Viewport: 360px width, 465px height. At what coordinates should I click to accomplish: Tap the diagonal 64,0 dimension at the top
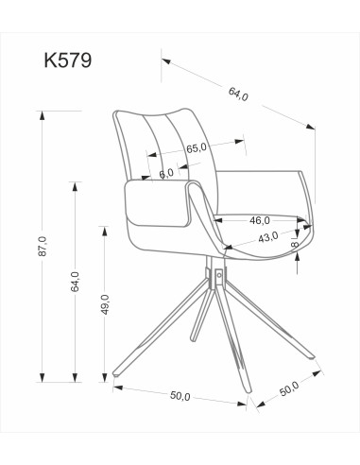pyautogui.click(x=238, y=94)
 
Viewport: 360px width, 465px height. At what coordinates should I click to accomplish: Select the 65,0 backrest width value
pyautogui.click(x=197, y=147)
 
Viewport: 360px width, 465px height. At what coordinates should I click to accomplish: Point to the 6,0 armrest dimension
pyautogui.click(x=166, y=173)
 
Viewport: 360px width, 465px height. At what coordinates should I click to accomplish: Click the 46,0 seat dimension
pyautogui.click(x=260, y=219)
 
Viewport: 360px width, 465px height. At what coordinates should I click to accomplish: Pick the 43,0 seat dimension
pyautogui.click(x=267, y=237)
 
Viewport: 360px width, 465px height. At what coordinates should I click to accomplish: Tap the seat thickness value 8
pyautogui.click(x=295, y=245)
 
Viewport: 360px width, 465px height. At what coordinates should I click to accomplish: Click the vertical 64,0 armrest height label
pyautogui.click(x=75, y=281)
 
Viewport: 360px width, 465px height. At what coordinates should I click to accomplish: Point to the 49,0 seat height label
pyautogui.click(x=105, y=307)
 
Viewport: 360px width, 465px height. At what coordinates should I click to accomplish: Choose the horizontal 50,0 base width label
pyautogui.click(x=178, y=396)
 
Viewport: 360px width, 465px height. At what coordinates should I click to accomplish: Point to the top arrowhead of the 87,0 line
pyautogui.click(x=42, y=114)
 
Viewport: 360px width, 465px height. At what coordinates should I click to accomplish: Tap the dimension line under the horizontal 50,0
pyautogui.click(x=180, y=387)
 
